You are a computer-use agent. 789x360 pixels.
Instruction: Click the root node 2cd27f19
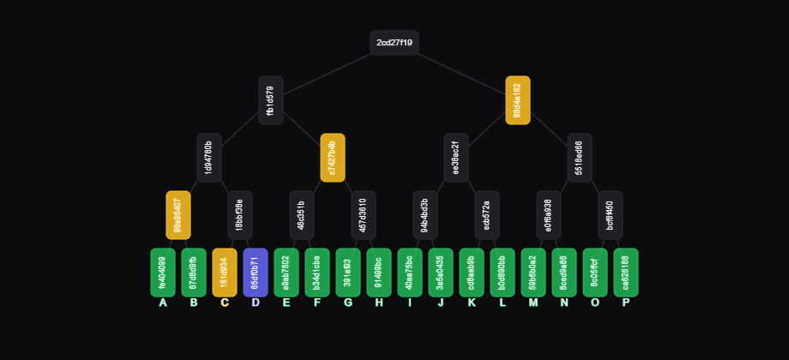[394, 43]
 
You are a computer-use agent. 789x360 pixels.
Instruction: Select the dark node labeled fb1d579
[271, 100]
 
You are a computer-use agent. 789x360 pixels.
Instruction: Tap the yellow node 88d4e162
[518, 100]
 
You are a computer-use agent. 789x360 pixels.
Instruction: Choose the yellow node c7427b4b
[333, 158]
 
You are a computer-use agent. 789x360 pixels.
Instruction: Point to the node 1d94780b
[209, 158]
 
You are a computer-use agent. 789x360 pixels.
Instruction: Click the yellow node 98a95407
[178, 215]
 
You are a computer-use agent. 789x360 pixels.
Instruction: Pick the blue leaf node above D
[256, 273]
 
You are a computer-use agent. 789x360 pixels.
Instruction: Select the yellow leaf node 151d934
[225, 273]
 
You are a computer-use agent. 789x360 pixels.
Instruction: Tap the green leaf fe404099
[163, 273]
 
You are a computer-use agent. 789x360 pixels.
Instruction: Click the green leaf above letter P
[626, 273]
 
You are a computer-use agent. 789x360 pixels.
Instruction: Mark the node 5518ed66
[580, 158]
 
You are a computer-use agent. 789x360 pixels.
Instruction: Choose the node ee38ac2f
[456, 158]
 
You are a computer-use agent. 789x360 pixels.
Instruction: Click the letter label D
[256, 303]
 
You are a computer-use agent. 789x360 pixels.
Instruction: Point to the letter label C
[225, 303]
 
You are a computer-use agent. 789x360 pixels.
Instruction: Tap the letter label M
[533, 303]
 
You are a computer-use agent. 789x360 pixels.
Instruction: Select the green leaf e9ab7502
[286, 273]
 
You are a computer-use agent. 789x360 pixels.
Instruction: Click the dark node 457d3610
[364, 215]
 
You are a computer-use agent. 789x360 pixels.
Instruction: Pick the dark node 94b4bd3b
[425, 215]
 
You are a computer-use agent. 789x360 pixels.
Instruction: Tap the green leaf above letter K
[472, 273]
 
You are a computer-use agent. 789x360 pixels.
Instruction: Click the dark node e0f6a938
[549, 215]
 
